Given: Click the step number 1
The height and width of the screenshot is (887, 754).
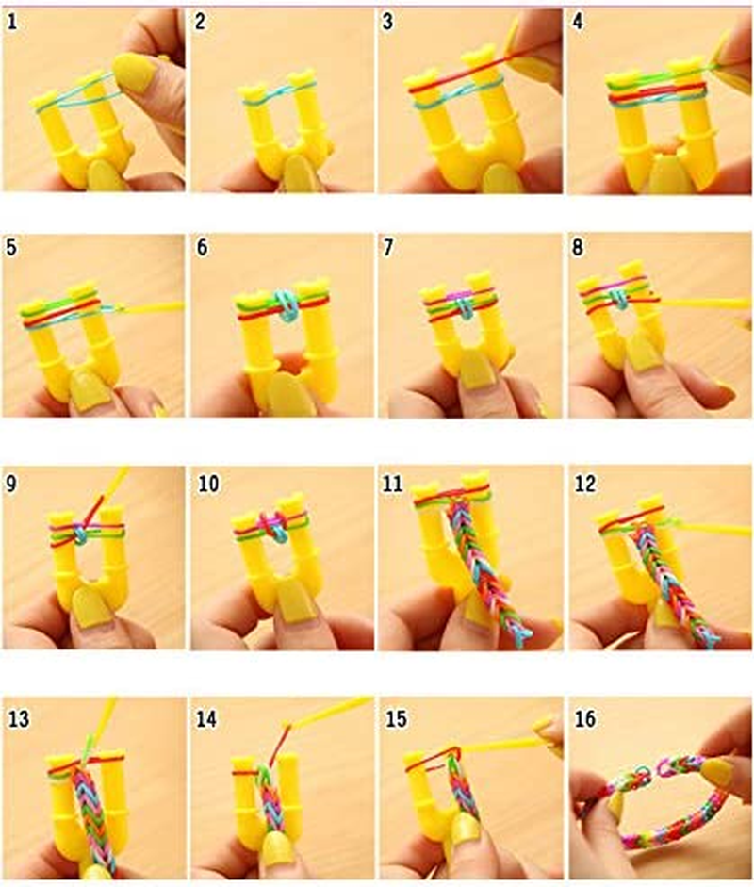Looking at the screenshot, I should (x=12, y=23).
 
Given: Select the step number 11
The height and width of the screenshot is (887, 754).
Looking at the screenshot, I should (x=396, y=485).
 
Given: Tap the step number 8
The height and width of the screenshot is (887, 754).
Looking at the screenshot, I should (x=581, y=253).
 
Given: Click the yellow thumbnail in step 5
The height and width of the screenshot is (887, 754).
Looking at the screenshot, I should (x=90, y=389).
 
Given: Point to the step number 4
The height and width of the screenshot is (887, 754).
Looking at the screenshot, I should (x=581, y=23).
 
